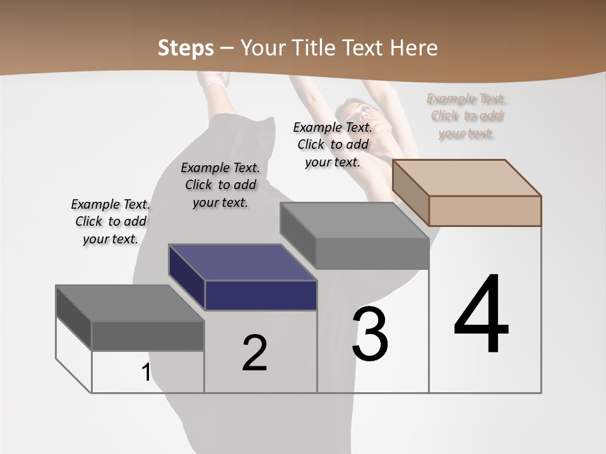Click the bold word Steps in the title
pyautogui.click(x=185, y=48)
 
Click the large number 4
pyautogui.click(x=481, y=315)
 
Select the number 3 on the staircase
pyautogui.click(x=370, y=334)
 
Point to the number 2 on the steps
pyautogui.click(x=254, y=353)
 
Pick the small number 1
pyautogui.click(x=146, y=373)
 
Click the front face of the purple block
pyautogui.click(x=261, y=295)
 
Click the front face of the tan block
pyautogui.click(x=485, y=211)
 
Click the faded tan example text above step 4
pyautogui.click(x=466, y=116)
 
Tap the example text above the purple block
pyautogui.click(x=220, y=185)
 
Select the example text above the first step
pyautogui.click(x=110, y=221)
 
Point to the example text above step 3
pyautogui.click(x=333, y=144)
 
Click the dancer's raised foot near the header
pyautogui.click(x=217, y=80)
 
